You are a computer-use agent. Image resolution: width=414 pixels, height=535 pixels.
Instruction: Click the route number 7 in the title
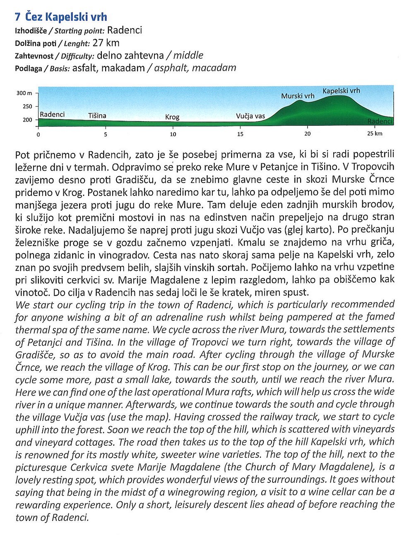18,17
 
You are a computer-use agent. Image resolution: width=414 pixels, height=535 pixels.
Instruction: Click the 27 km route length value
106,43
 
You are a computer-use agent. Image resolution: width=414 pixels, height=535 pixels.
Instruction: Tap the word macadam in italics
214,68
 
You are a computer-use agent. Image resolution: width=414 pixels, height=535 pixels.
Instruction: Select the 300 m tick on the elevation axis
24,93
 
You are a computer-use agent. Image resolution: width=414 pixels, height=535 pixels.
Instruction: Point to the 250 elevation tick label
27,106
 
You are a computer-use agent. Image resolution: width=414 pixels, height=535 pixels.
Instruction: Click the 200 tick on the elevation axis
27,120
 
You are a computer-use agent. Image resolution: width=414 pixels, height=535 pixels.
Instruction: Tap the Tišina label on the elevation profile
97,115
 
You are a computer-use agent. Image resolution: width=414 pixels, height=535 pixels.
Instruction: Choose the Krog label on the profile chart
172,117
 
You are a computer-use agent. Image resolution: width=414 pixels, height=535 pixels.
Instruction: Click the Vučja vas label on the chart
250,116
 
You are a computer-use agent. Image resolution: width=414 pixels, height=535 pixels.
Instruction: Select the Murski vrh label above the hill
298,96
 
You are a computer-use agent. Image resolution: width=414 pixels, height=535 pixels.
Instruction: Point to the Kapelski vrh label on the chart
341,91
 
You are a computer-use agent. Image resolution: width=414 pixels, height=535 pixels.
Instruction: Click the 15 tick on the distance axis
241,134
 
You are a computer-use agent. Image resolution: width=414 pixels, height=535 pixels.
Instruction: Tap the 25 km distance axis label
375,134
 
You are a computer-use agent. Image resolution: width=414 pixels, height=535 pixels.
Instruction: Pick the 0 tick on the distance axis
39,134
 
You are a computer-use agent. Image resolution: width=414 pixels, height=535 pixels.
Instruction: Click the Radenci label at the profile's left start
52,115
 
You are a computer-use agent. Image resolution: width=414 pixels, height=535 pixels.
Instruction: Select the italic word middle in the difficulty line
188,55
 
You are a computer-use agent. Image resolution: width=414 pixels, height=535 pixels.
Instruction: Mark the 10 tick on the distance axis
173,134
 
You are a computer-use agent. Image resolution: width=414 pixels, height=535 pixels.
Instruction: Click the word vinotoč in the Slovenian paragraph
31,292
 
